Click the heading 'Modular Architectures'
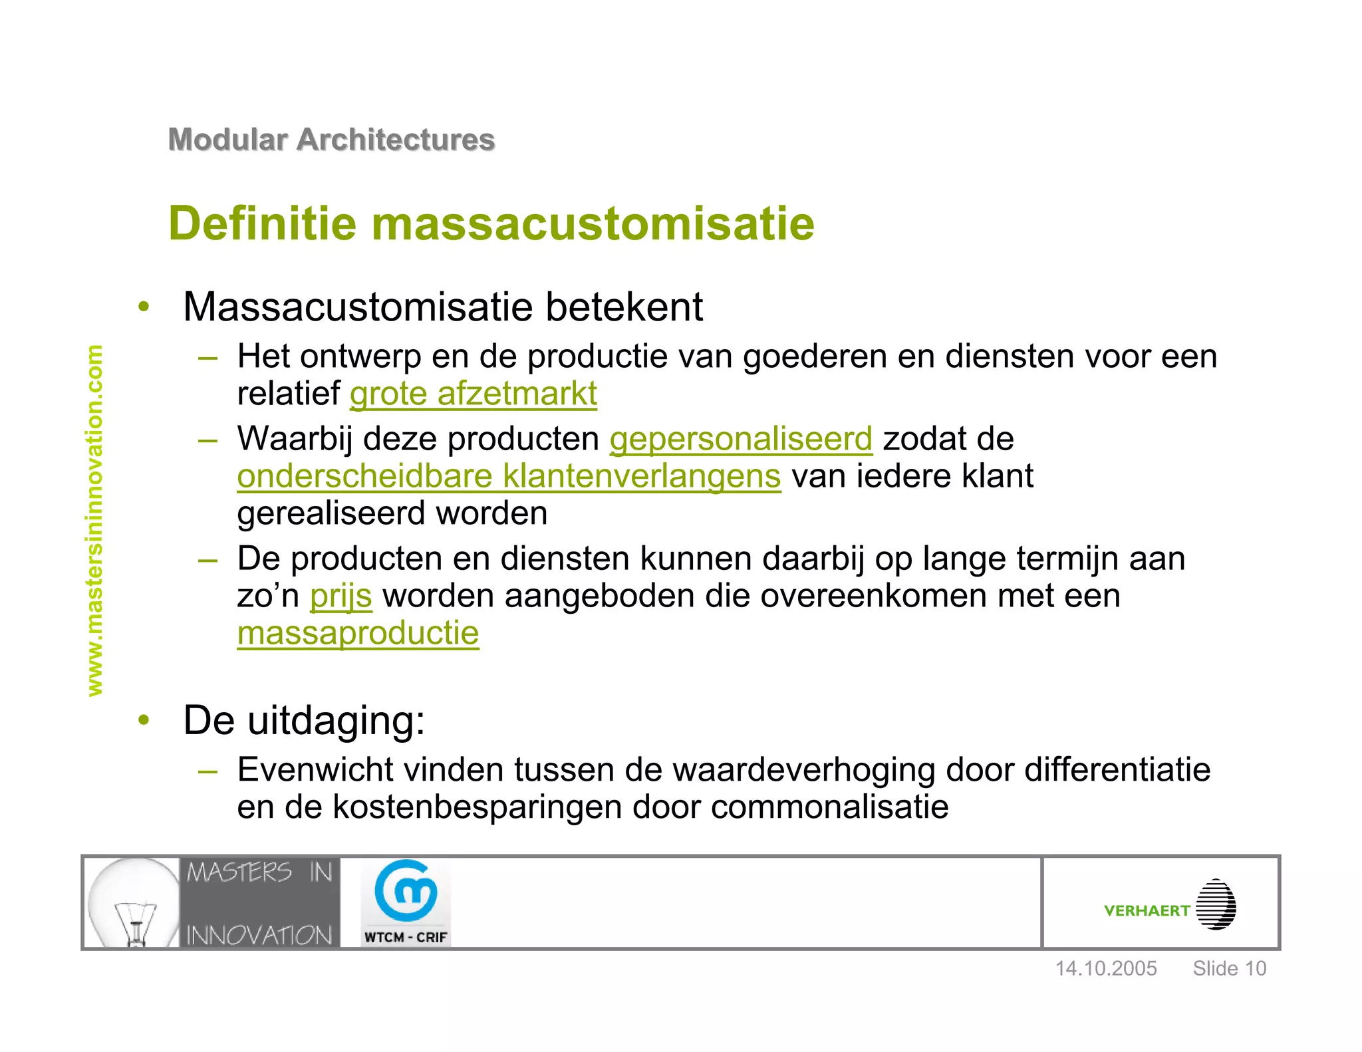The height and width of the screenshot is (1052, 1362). click(x=331, y=140)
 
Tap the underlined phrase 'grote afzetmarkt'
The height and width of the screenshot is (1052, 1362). click(x=473, y=394)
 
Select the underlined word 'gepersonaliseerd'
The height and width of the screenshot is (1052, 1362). click(x=741, y=439)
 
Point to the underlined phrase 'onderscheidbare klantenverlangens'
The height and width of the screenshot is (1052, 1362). click(x=509, y=476)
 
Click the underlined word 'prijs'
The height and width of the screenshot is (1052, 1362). click(x=340, y=596)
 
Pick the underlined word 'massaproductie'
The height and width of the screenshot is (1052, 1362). click(x=358, y=633)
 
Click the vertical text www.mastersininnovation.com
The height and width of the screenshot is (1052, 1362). click(x=95, y=520)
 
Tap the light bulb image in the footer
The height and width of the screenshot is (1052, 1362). click(x=133, y=902)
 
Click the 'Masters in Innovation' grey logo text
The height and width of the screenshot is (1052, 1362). click(x=259, y=902)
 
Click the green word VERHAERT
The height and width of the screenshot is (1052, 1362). click(x=1147, y=911)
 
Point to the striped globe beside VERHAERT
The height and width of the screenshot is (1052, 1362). click(x=1216, y=904)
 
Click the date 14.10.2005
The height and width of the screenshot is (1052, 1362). click(x=1106, y=968)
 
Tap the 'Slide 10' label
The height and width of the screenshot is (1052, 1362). click(x=1229, y=968)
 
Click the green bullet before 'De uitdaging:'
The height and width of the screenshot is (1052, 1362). click(x=144, y=720)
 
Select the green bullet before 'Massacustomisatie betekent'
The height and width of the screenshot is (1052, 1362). click(x=144, y=307)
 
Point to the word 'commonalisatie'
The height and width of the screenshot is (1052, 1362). click(x=829, y=807)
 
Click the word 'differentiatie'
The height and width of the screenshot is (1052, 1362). click(x=1117, y=770)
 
